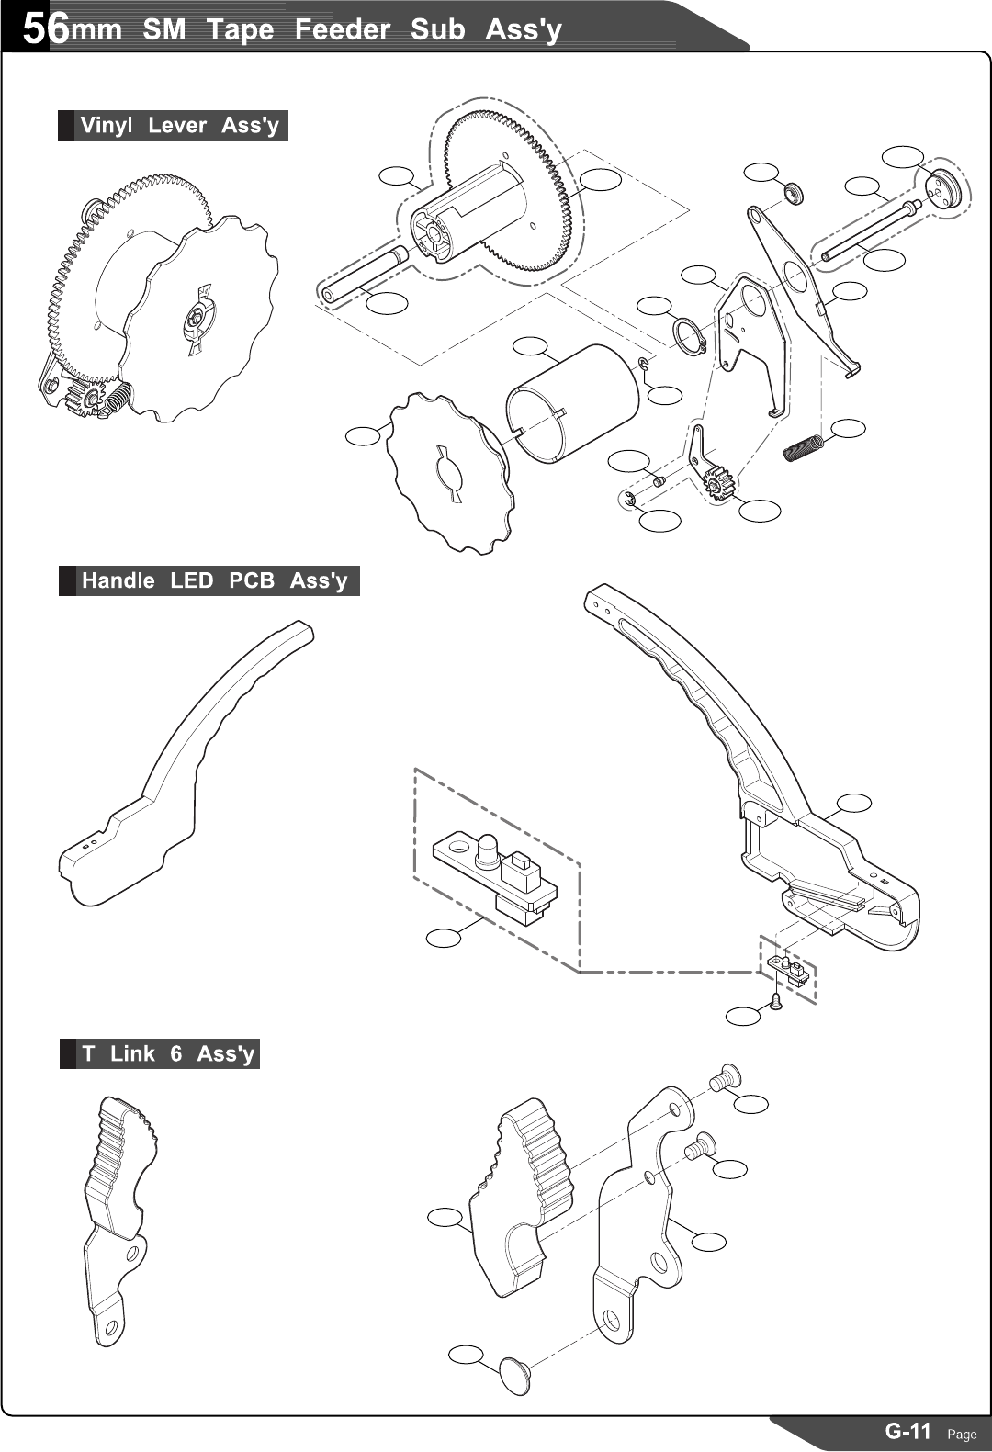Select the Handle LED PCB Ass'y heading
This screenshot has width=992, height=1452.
click(x=214, y=581)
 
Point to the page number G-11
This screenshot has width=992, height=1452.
click(x=907, y=1431)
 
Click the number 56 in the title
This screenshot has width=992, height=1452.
click(x=44, y=29)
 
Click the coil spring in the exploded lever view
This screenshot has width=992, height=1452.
click(x=805, y=449)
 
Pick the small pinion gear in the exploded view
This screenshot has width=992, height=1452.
click(x=718, y=481)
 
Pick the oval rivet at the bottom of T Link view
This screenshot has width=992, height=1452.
click(x=515, y=1375)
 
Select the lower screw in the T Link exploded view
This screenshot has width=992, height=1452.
click(x=700, y=1144)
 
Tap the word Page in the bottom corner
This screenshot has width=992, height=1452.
click(x=962, y=1435)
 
